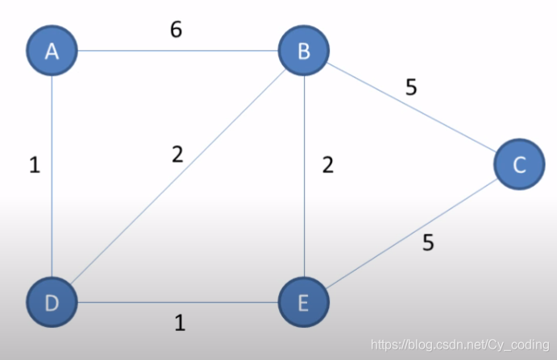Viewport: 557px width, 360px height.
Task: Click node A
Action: pos(52,52)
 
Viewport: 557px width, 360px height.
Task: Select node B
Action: pos(304,52)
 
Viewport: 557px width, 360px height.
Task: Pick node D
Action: pos(52,304)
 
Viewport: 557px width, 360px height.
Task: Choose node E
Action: pos(304,304)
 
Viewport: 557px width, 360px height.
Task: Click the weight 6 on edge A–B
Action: pos(176,30)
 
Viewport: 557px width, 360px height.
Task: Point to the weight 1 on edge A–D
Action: pos(34,165)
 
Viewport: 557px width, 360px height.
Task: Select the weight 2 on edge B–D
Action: pos(177,154)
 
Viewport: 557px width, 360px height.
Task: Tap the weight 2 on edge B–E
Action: pos(327,165)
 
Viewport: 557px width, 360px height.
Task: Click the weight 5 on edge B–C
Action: pos(411,87)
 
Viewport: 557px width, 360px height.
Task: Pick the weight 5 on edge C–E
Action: pos(428,242)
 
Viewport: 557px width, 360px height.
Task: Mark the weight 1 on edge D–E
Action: pos(180,323)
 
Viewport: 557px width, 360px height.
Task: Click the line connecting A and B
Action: pos(177,52)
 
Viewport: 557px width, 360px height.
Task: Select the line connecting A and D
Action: pos(52,177)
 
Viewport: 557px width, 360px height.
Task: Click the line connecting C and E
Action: pos(411,234)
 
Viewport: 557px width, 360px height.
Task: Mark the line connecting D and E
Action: pos(177,304)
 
